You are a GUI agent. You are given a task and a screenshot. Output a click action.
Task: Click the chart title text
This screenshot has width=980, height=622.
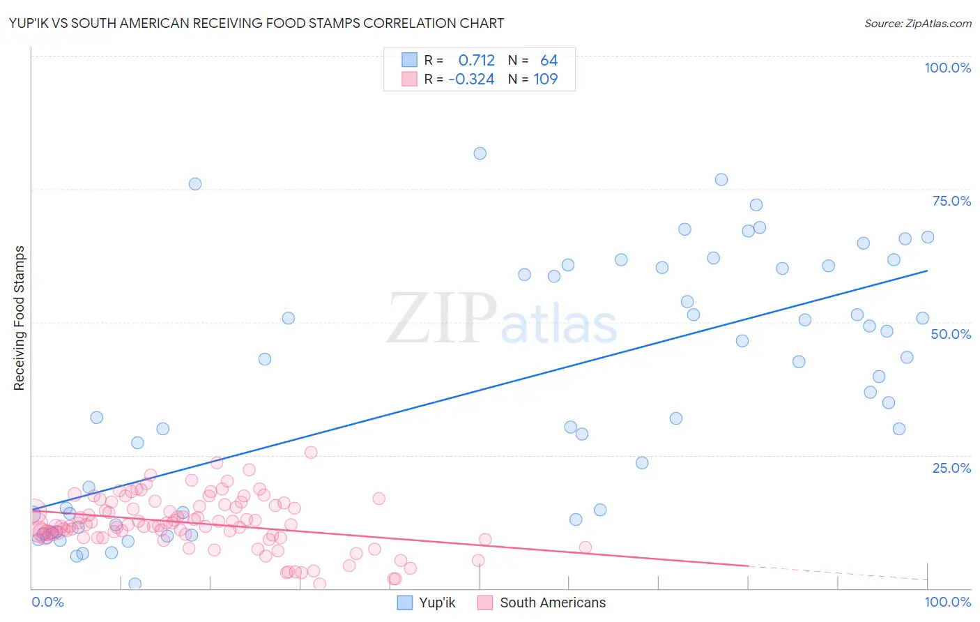257,23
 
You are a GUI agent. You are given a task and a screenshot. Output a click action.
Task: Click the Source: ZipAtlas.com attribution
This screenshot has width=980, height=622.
917,23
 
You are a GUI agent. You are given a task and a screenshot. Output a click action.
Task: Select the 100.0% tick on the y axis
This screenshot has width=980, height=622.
947,68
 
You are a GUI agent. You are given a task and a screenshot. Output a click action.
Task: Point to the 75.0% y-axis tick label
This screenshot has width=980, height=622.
951,201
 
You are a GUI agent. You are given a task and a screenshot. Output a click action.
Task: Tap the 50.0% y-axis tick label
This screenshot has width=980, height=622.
951,334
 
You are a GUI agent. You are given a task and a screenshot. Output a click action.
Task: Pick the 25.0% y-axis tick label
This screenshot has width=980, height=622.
951,468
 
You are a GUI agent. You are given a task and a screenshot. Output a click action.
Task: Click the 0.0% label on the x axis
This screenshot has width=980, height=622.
47,602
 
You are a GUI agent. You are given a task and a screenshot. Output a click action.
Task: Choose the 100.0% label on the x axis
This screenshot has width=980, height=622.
947,602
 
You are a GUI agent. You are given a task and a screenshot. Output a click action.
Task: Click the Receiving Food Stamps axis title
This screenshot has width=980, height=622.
20,318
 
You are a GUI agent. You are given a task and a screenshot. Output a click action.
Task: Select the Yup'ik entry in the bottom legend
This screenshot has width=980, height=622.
436,602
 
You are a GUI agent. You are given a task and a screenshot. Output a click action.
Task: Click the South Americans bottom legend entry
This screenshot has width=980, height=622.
552,602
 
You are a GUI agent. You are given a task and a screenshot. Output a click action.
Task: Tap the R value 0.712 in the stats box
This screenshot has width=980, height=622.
476,61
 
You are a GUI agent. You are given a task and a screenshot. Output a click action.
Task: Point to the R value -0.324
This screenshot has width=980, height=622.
471,79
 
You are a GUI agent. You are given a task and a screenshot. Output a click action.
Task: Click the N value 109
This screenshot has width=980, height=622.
545,79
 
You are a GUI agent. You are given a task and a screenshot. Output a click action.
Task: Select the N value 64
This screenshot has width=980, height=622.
549,61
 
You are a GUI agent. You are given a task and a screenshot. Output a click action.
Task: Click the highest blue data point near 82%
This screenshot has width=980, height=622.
480,153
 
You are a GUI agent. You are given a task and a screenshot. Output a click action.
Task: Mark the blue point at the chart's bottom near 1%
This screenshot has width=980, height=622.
135,584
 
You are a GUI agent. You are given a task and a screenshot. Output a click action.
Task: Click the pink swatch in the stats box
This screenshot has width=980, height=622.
409,79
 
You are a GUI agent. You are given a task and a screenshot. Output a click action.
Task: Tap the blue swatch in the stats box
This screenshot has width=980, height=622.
409,60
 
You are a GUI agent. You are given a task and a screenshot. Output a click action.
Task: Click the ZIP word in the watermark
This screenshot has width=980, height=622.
442,319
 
